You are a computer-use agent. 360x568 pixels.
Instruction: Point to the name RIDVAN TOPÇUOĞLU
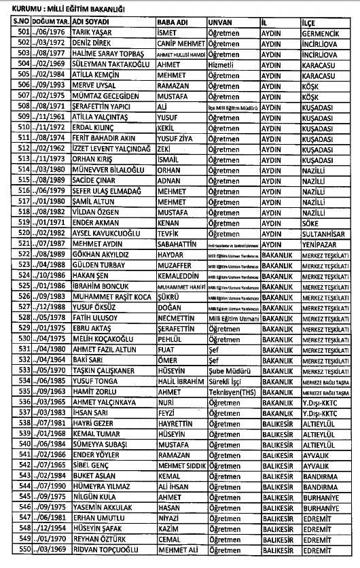point(86,549)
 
